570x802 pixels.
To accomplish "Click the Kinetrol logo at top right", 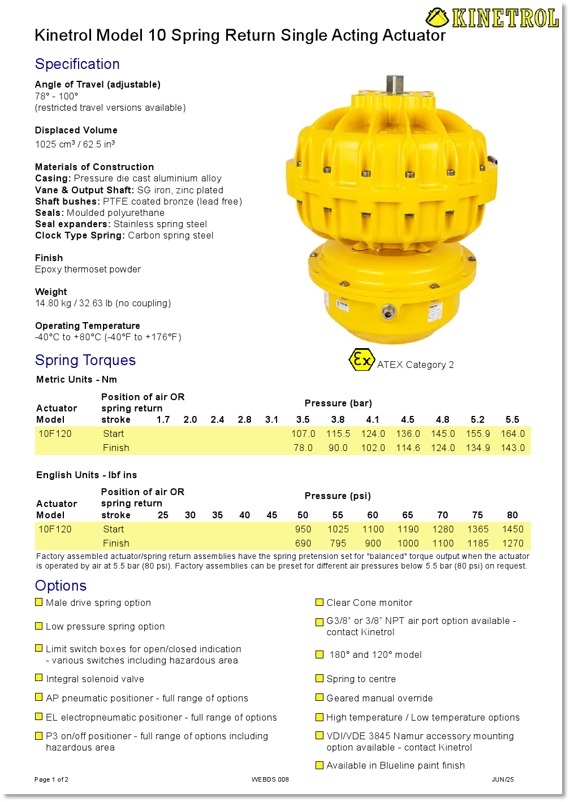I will (x=492, y=18).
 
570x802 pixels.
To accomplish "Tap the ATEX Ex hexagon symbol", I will (x=361, y=360).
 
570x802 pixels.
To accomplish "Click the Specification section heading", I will (x=77, y=64).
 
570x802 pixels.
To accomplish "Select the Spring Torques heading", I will (x=85, y=360).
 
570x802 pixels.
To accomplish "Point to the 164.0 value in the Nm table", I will (x=512, y=433).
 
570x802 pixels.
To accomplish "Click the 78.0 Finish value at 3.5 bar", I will (x=303, y=448).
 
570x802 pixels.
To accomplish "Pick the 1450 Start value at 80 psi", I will (x=512, y=529).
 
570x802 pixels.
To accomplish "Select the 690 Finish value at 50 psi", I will (x=303, y=543).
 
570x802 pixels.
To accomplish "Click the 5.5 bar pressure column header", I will (x=512, y=419).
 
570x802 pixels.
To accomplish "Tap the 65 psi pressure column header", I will (x=408, y=515).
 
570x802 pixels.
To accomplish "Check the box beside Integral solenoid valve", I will (x=39, y=678).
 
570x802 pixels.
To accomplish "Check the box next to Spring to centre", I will (x=319, y=678).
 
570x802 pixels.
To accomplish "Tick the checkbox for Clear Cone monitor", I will (x=319, y=602).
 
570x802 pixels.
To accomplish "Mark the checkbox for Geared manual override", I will (x=319, y=697).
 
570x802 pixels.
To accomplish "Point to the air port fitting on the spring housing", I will (x=388, y=311).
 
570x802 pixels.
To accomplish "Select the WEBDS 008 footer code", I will (x=270, y=779).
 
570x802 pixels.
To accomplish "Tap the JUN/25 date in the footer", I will (x=502, y=779).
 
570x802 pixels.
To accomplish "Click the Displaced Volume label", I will (x=76, y=130).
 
